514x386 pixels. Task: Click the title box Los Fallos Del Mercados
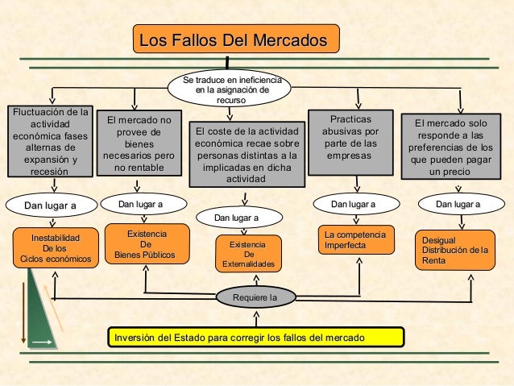(x=235, y=40)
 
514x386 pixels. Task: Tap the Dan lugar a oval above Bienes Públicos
(x=140, y=205)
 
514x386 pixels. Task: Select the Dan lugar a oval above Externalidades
(x=237, y=218)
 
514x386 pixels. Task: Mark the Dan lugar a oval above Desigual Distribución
(x=457, y=205)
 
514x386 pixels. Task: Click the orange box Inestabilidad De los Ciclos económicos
(x=56, y=248)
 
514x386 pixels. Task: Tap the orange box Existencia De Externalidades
(x=248, y=253)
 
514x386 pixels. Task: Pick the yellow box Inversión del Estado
(x=255, y=336)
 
